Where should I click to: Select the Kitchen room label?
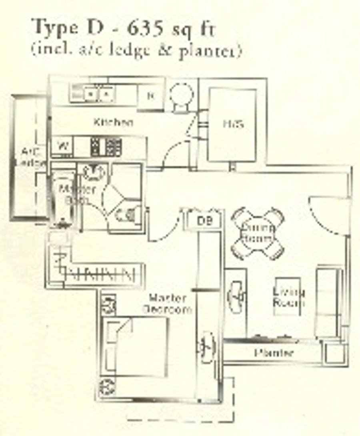click(x=113, y=122)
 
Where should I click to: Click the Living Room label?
click(x=288, y=297)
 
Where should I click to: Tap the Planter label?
click(x=274, y=353)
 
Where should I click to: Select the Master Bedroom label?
click(x=167, y=303)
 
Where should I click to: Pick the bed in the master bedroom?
click(x=136, y=346)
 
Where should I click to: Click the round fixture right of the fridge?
click(x=181, y=95)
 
